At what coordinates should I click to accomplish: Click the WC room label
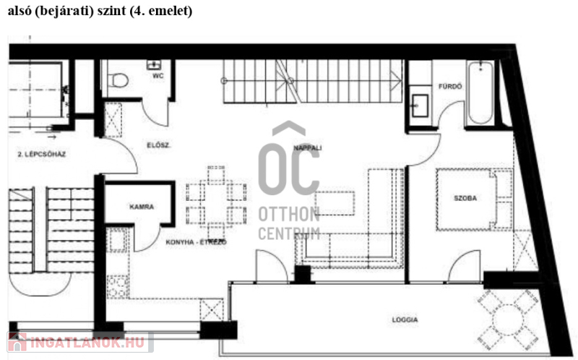[158, 76]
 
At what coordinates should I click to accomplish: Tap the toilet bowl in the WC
[118, 80]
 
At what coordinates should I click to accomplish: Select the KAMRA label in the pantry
[142, 207]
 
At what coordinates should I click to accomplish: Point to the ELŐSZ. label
[158, 145]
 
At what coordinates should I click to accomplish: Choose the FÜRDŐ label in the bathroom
[450, 86]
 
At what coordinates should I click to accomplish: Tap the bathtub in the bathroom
[480, 93]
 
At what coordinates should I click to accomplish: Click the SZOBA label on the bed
[465, 198]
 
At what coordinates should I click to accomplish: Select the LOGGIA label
[405, 320]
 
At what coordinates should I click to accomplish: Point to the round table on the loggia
[508, 320]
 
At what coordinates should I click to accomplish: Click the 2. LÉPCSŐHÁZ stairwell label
[42, 154]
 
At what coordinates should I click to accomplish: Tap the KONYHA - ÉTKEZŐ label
[196, 242]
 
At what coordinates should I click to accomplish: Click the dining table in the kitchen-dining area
[216, 204]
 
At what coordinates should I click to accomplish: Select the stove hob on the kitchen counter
[118, 286]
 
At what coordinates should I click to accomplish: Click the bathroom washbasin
[420, 106]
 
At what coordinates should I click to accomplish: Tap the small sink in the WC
[154, 65]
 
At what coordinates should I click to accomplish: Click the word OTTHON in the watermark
[288, 214]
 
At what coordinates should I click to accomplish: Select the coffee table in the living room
[335, 203]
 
